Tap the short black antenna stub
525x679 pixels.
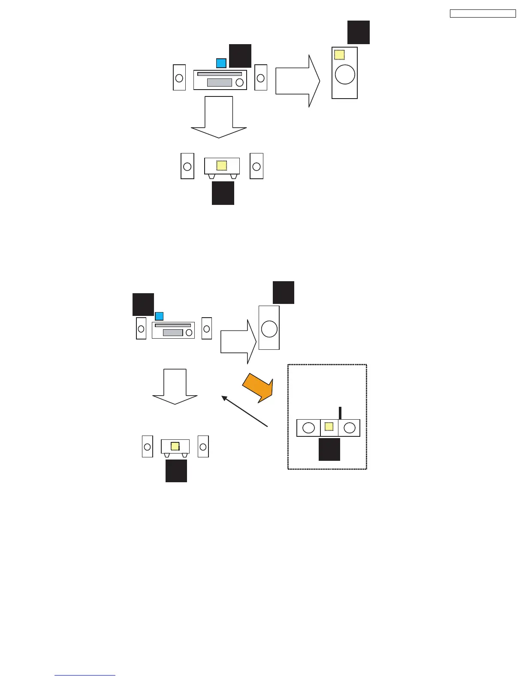click(x=340, y=413)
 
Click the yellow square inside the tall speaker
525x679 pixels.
click(x=339, y=55)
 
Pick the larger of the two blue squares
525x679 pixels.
click(x=221, y=63)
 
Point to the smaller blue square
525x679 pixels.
click(x=159, y=316)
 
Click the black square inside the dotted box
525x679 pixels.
click(x=329, y=449)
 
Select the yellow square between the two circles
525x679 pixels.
click(x=329, y=427)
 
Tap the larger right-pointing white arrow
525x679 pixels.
click(x=297, y=81)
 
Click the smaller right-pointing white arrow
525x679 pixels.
click(x=238, y=342)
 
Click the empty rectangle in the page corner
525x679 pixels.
click(x=483, y=13)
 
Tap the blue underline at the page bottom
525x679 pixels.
click(x=85, y=675)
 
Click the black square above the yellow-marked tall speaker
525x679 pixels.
click(x=359, y=32)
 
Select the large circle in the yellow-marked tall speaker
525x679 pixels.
click(x=345, y=75)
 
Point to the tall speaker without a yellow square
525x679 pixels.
click(x=269, y=327)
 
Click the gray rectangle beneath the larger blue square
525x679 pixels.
click(x=219, y=83)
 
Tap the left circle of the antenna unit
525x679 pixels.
click(x=308, y=428)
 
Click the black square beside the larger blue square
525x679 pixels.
click(x=240, y=56)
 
